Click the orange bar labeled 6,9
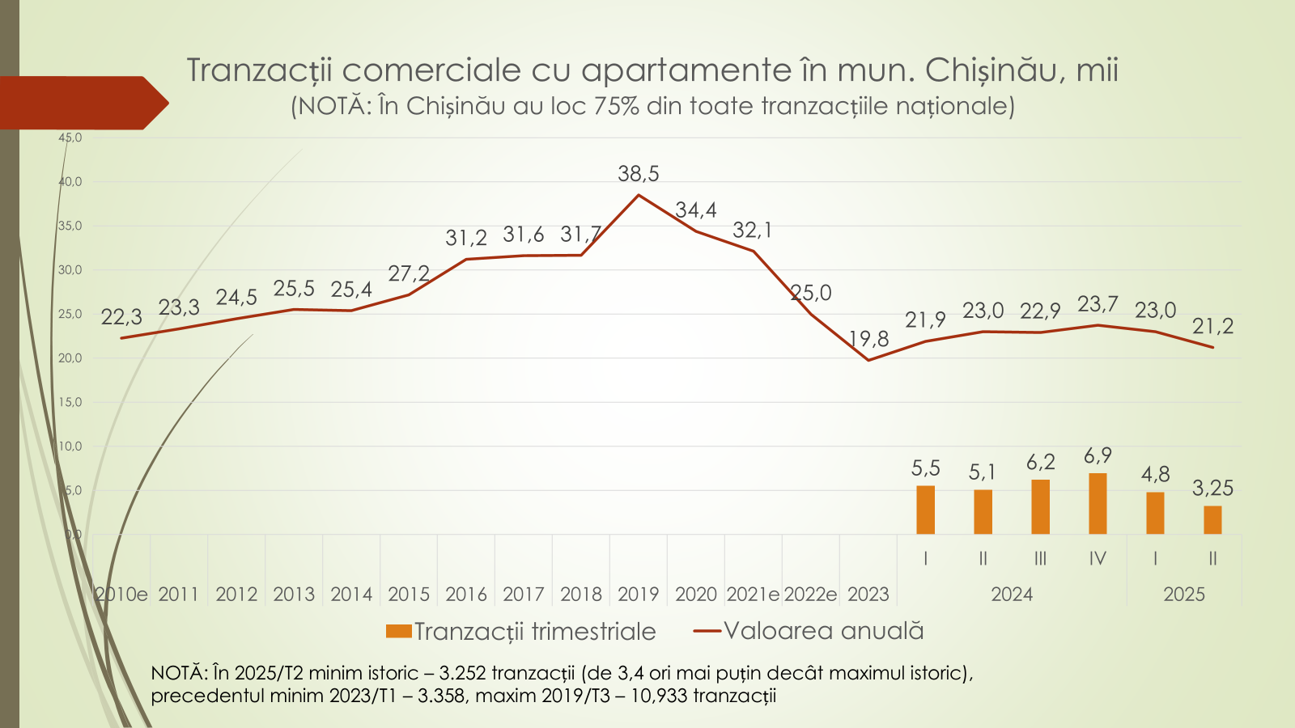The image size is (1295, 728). click(x=1098, y=503)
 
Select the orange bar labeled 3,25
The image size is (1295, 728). click(x=1212, y=520)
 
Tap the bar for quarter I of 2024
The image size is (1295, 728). click(x=925, y=510)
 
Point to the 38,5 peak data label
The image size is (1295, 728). click(x=639, y=174)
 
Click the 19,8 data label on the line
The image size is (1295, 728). click(x=868, y=339)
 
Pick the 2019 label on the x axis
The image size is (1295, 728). click(x=639, y=595)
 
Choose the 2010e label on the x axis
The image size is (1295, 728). click(x=121, y=595)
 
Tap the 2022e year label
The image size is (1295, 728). click(x=810, y=595)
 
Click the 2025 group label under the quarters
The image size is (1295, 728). click(x=1184, y=595)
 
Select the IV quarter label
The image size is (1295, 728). click(x=1098, y=558)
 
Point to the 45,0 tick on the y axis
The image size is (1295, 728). click(x=70, y=138)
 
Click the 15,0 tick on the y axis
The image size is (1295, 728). click(x=70, y=402)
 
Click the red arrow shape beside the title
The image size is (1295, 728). click(x=81, y=103)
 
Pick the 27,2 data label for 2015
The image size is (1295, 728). click(x=409, y=274)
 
